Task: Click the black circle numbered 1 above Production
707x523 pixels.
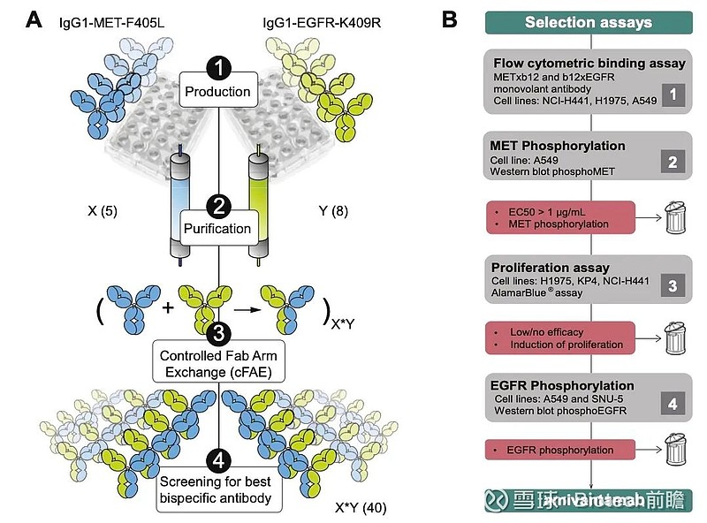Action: [217, 66]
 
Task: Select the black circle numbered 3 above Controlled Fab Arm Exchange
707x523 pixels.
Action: [217, 333]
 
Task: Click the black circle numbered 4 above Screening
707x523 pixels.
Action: [217, 459]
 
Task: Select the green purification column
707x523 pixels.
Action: [258, 203]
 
